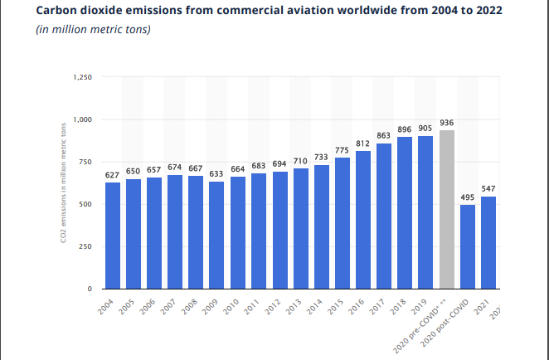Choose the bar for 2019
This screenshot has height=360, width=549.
(x=426, y=212)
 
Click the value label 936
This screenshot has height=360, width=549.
(x=447, y=123)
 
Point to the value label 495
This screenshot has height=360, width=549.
(x=468, y=197)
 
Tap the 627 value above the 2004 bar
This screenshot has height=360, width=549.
(x=113, y=175)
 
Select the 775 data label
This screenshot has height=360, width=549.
(x=343, y=150)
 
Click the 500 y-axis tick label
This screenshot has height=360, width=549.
(x=87, y=204)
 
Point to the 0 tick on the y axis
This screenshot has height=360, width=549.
(x=91, y=289)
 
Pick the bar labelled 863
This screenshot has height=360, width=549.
(x=384, y=216)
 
